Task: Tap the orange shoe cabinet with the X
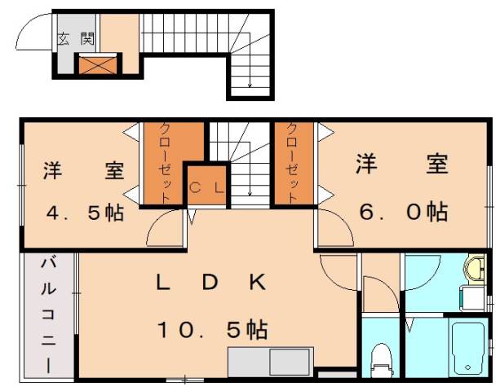pyautogui.click(x=97, y=64)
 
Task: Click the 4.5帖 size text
pyautogui.click(x=84, y=213)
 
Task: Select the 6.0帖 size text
pyautogui.click(x=403, y=212)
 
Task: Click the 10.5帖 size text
pyautogui.click(x=211, y=329)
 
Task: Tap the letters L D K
pyautogui.click(x=211, y=283)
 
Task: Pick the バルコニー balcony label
pyautogui.click(x=48, y=313)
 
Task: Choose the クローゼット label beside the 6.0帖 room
pyautogui.click(x=293, y=161)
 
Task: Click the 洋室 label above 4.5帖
pyautogui.click(x=84, y=171)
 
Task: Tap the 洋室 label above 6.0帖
pyautogui.click(x=403, y=164)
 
